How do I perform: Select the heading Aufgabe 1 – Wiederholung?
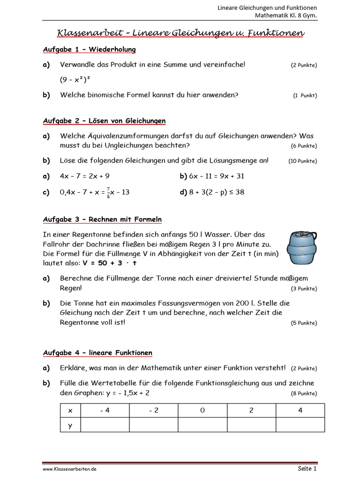click(x=89, y=49)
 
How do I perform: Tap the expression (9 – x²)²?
click(x=75, y=80)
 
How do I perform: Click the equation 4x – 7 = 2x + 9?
click(x=85, y=176)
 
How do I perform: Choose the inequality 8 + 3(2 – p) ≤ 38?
click(x=216, y=192)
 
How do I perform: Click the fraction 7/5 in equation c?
click(x=108, y=192)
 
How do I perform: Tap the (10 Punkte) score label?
click(x=302, y=161)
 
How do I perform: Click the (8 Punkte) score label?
click(x=304, y=393)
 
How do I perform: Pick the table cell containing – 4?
click(x=105, y=410)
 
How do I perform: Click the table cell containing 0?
click(x=202, y=410)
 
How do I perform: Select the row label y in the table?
click(x=70, y=425)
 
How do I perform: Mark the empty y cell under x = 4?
click(x=300, y=425)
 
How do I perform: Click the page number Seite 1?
click(x=307, y=468)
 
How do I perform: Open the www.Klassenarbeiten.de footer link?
click(x=70, y=469)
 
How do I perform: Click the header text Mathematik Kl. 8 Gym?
click(x=285, y=15)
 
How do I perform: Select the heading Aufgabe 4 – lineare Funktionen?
click(x=97, y=352)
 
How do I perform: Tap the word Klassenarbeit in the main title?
click(x=90, y=33)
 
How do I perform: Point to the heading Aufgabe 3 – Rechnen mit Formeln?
click(x=102, y=219)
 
